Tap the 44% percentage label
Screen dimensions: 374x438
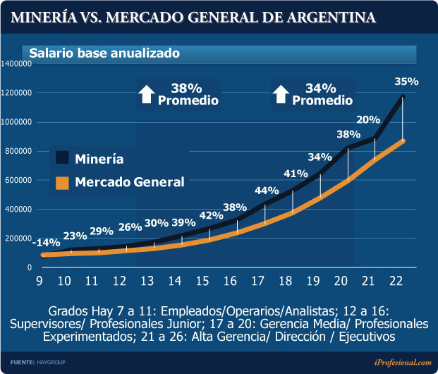click(267, 191)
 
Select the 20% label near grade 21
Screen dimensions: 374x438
click(367, 119)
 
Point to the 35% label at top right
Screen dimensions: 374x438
click(407, 81)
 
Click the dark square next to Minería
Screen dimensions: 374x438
click(63, 158)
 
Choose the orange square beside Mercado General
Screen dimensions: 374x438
click(63, 182)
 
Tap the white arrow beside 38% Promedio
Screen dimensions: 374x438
click(146, 93)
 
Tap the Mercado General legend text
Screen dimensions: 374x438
click(129, 182)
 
